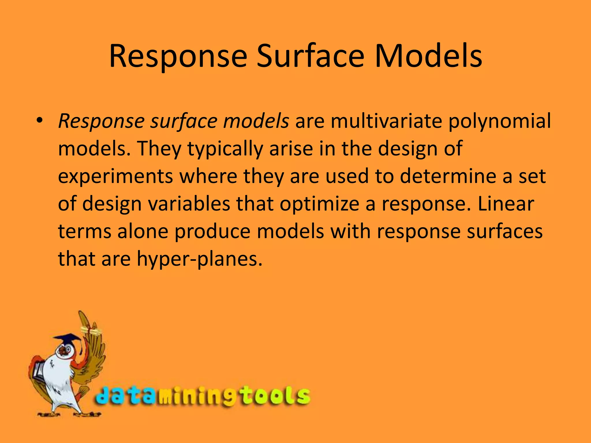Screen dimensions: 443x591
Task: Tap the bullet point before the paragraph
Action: tap(40, 120)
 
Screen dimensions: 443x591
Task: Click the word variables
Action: tap(189, 204)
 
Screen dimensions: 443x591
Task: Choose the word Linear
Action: tap(506, 204)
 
